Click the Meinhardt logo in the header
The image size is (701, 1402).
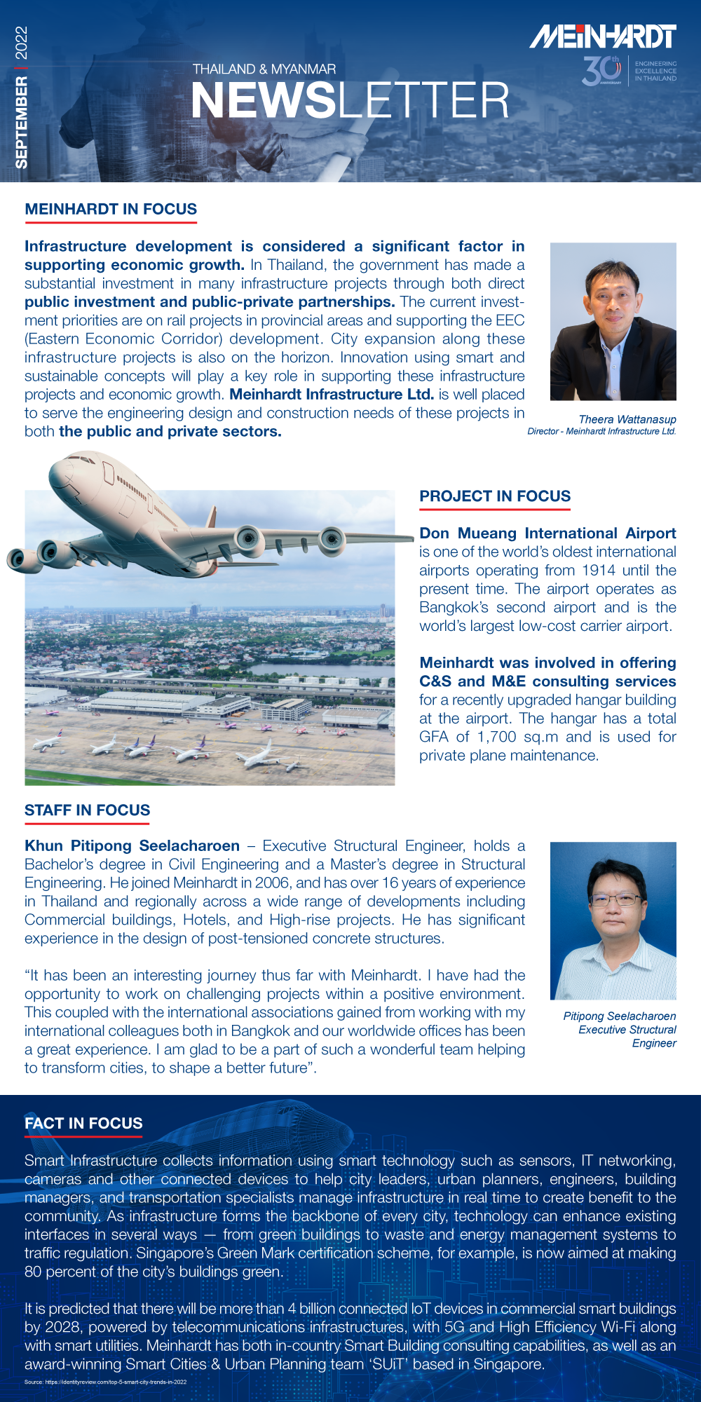602,36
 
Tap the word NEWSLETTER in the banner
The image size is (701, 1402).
350,101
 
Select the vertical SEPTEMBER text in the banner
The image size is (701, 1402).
22,123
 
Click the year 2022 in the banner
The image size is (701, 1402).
22,43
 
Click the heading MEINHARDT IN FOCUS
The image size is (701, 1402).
111,209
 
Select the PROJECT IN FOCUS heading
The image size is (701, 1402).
495,496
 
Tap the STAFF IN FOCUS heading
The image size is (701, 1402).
87,810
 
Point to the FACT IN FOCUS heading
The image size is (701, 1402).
83,1123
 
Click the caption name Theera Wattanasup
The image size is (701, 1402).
627,419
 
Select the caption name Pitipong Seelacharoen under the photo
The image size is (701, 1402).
620,1016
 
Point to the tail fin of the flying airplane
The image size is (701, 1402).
211,517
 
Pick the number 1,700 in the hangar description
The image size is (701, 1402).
496,737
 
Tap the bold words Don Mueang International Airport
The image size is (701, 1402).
547,533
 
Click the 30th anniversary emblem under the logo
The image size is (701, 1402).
601,71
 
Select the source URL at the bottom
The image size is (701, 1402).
105,1382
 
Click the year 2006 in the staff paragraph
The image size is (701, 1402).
272,883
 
